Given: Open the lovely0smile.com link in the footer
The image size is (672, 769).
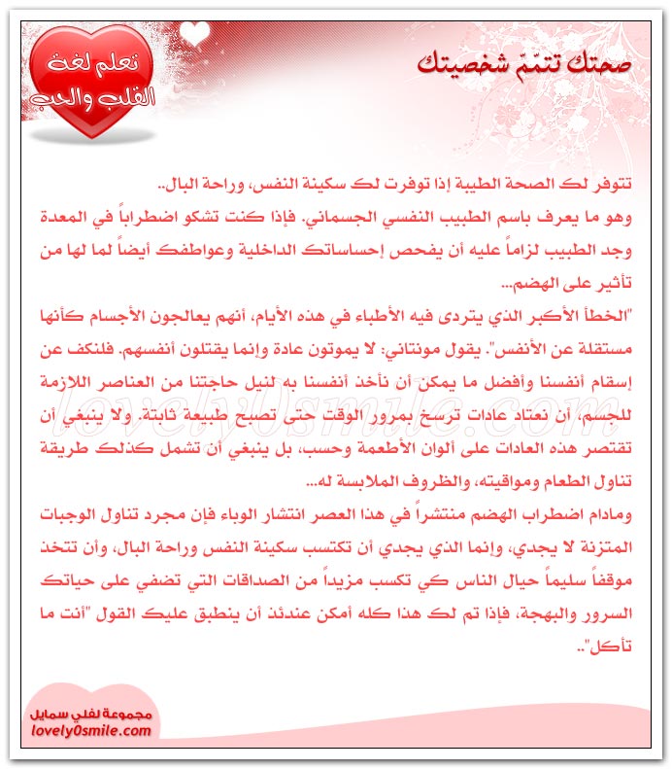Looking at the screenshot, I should pos(88,729).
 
